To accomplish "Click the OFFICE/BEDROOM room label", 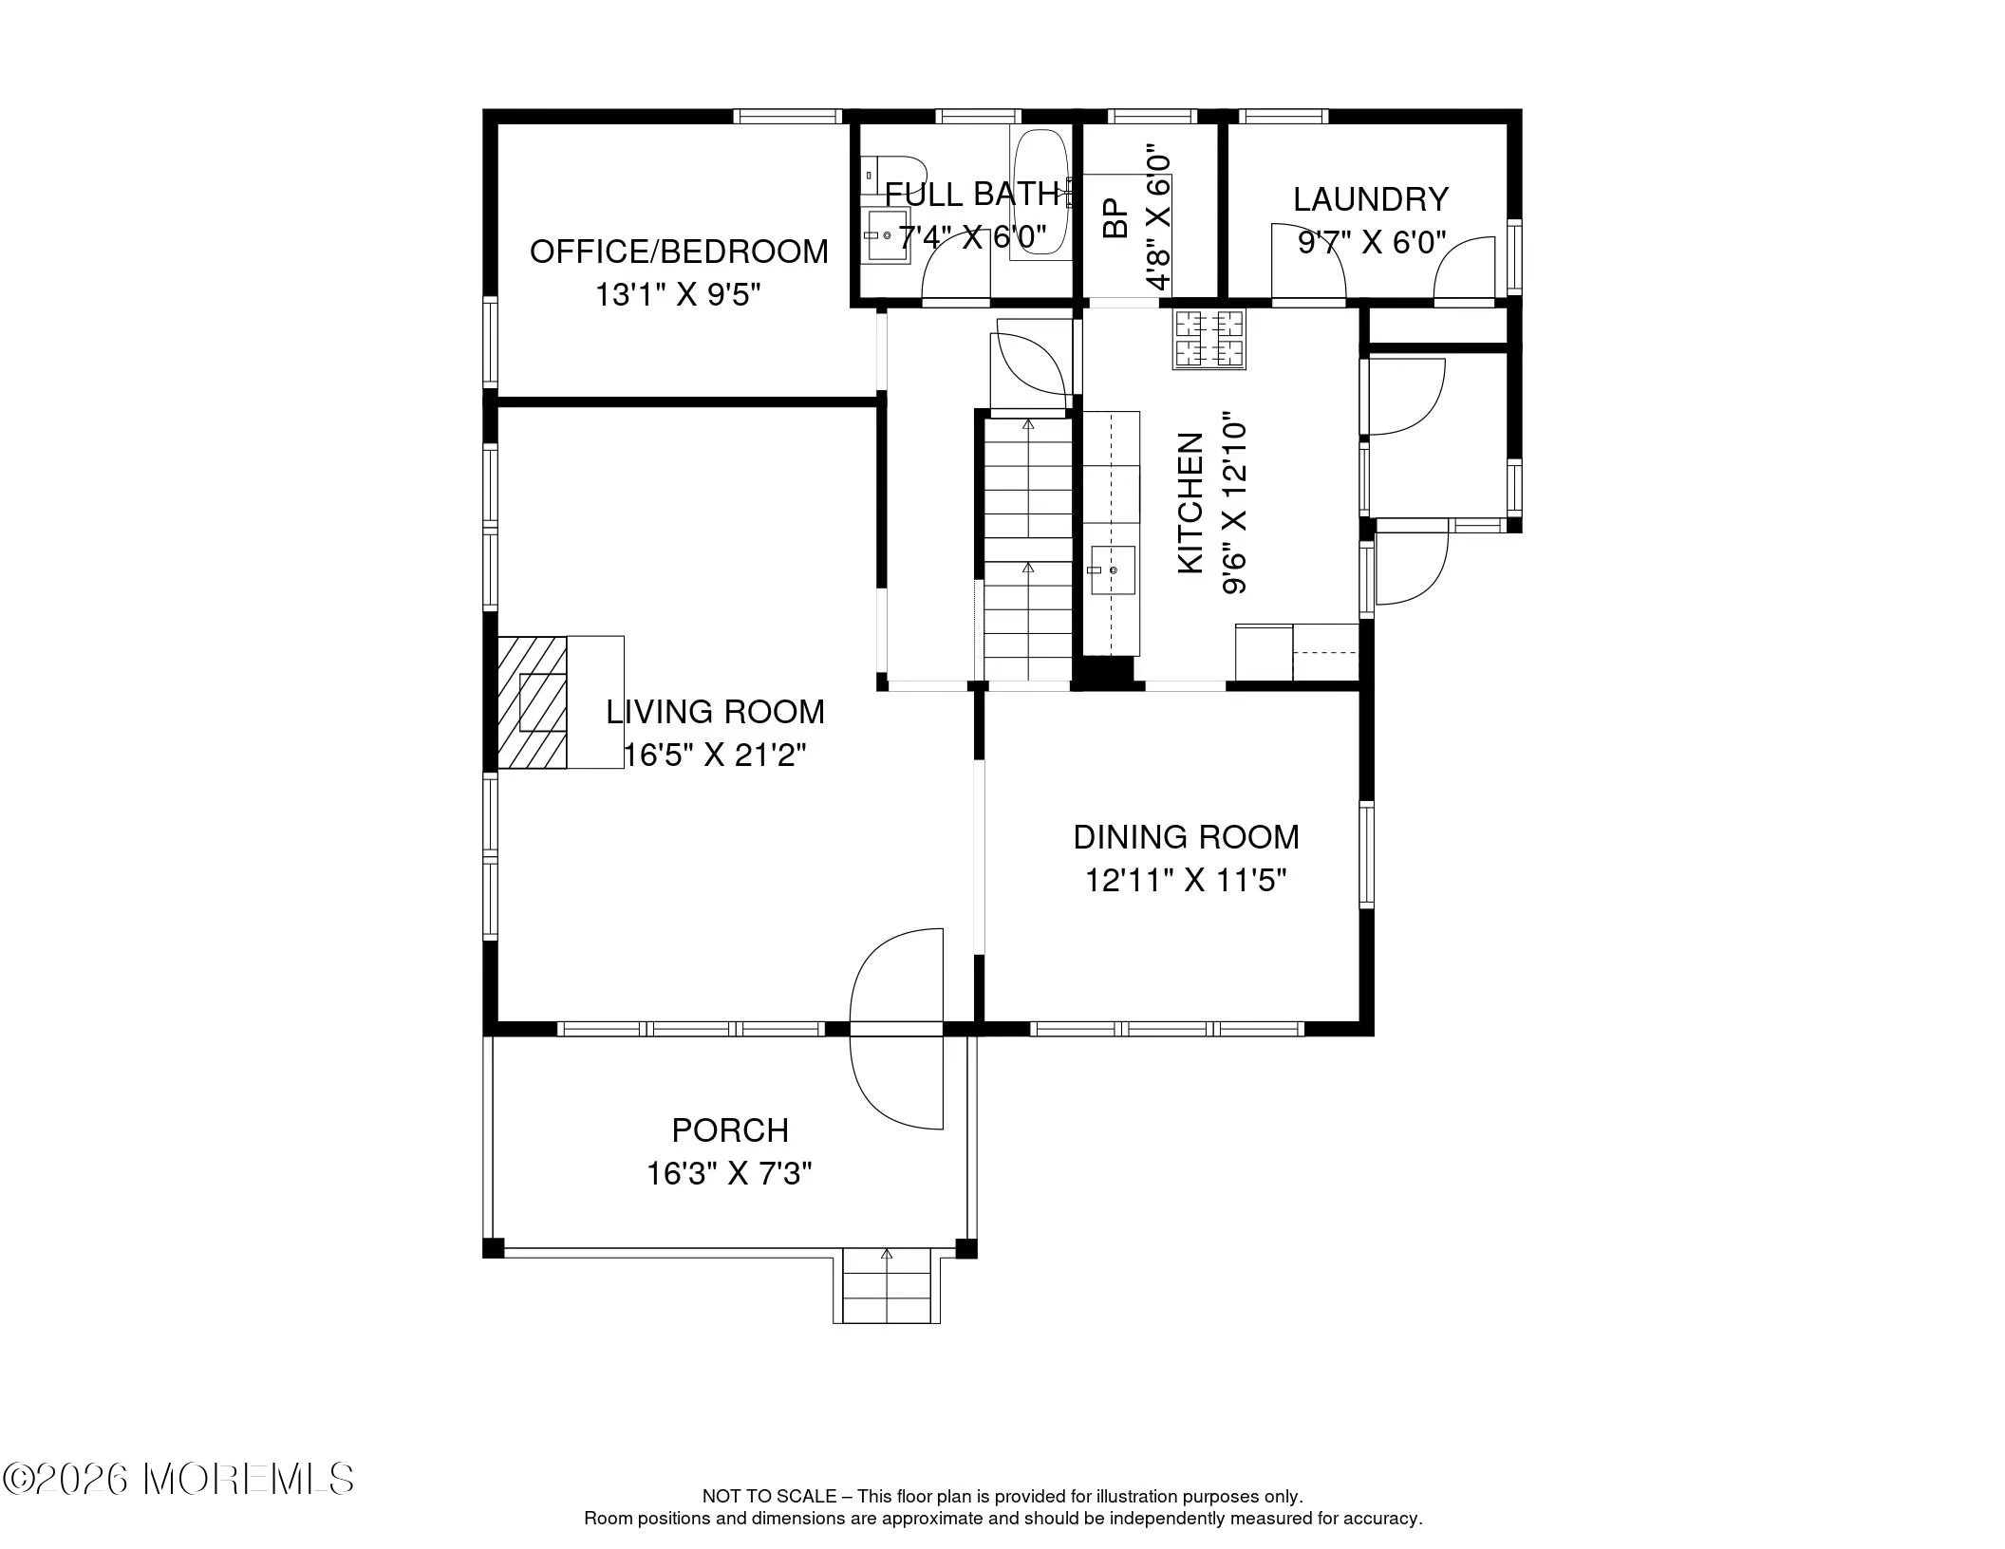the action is [x=679, y=252].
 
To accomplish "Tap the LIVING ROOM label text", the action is [x=715, y=712].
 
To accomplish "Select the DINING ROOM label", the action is [x=1186, y=837].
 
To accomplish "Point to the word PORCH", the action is [x=730, y=1130].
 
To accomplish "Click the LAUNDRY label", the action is [x=1371, y=199].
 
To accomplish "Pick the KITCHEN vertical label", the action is [x=1190, y=503].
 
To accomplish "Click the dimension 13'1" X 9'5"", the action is [x=678, y=295].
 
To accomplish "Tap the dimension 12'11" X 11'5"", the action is [x=1186, y=881].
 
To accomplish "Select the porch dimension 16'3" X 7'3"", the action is [x=729, y=1174].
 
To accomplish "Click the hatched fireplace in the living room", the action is [x=533, y=701].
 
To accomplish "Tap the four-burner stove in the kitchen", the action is [x=1209, y=340].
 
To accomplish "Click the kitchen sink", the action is [x=1113, y=570].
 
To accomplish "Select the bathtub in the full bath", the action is [x=1040, y=195].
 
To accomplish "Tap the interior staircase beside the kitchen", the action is [x=1028, y=549].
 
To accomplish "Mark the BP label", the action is [x=1115, y=217].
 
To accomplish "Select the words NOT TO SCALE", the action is [x=769, y=1497].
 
